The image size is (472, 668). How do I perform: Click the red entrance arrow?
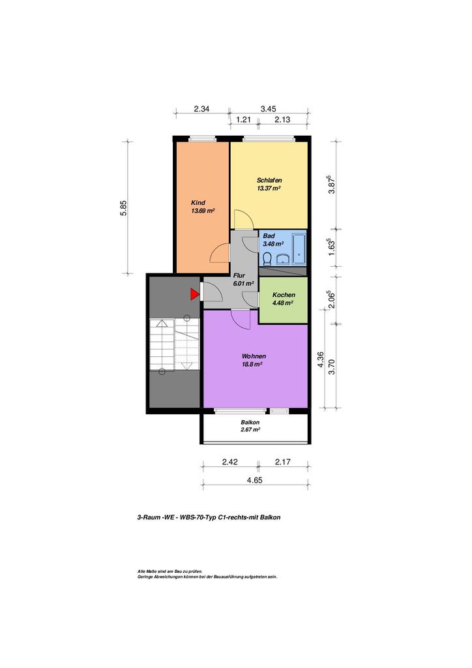[194, 294]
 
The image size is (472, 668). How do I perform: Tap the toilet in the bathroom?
[268, 258]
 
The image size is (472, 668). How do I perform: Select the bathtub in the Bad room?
[300, 248]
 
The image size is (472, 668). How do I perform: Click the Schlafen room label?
[269, 180]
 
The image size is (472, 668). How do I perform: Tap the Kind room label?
[198, 202]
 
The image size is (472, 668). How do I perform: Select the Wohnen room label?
[254, 356]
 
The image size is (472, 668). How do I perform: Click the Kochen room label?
[284, 295]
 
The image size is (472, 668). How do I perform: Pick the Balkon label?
[250, 422]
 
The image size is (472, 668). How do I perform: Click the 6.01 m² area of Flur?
[243, 283]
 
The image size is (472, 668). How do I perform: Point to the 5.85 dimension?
[124, 208]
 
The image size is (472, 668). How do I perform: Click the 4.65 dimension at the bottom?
[254, 480]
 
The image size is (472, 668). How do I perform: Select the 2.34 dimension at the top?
[201, 109]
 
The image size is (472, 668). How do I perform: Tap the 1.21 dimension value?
[243, 120]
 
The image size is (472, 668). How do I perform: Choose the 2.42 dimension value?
[230, 462]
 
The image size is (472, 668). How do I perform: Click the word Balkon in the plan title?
[271, 517]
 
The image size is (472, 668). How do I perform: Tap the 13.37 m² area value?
[268, 189]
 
